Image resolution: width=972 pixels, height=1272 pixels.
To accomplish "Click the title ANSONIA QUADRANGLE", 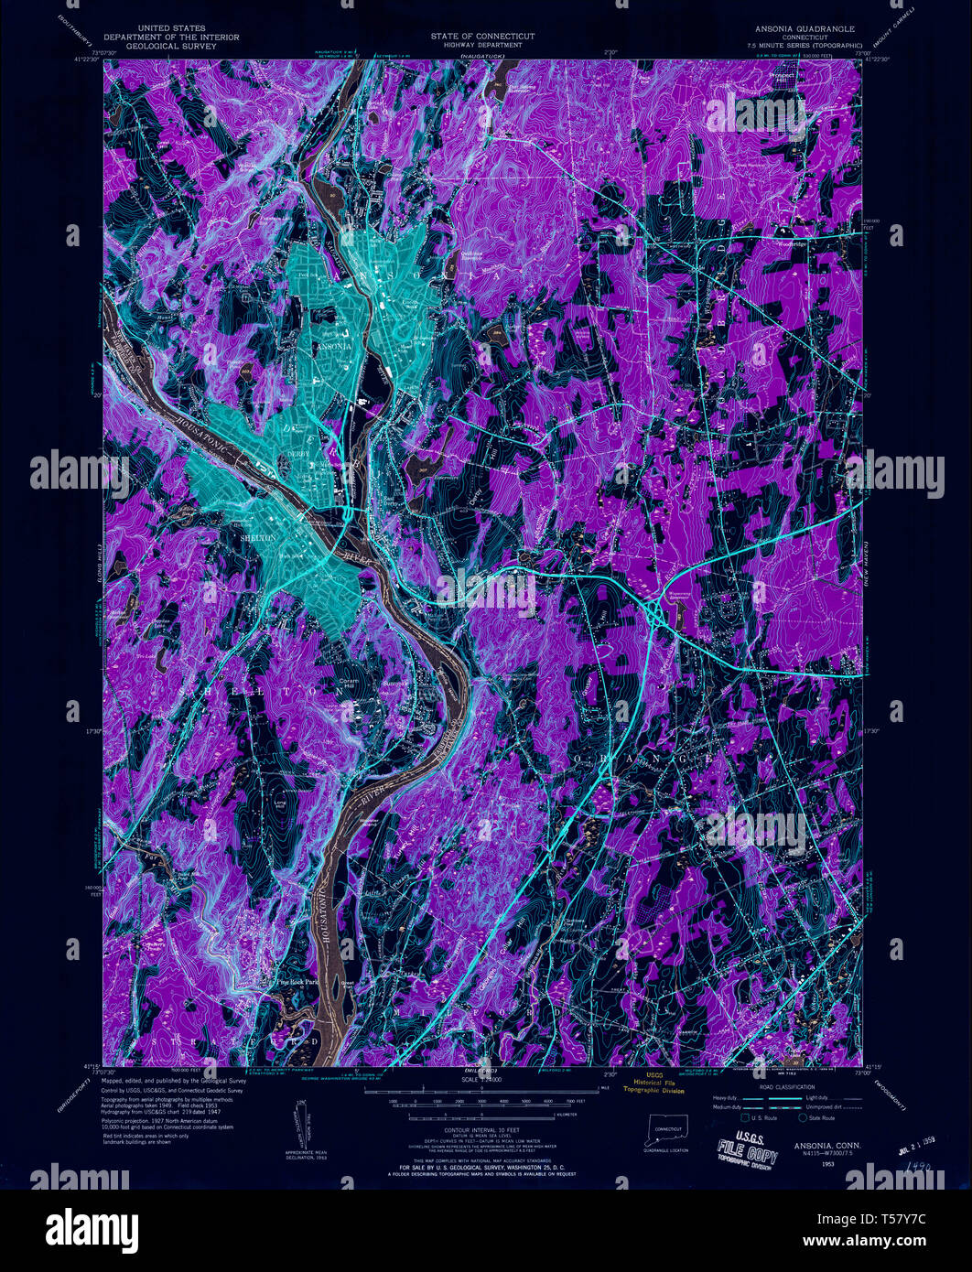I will coord(805,28).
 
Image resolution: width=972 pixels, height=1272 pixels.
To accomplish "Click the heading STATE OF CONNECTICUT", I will coord(482,35).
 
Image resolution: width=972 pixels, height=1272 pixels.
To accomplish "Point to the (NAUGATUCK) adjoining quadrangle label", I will coord(482,57).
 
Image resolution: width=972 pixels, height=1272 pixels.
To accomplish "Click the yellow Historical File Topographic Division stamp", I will coord(652,1083).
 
